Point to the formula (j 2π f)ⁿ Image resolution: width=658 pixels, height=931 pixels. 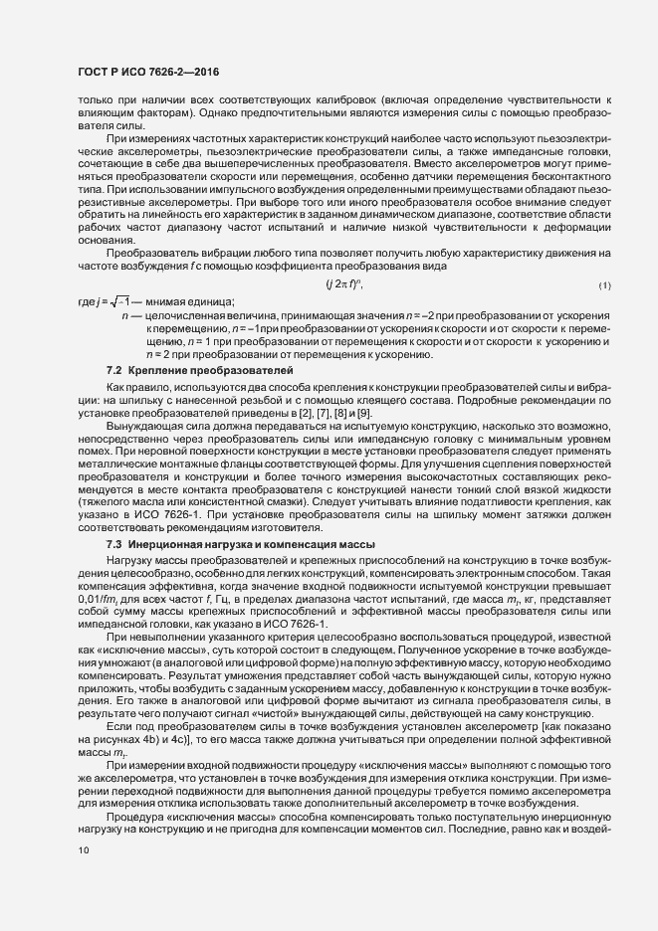(344, 285)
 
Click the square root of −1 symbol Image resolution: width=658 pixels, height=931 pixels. (112, 301)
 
